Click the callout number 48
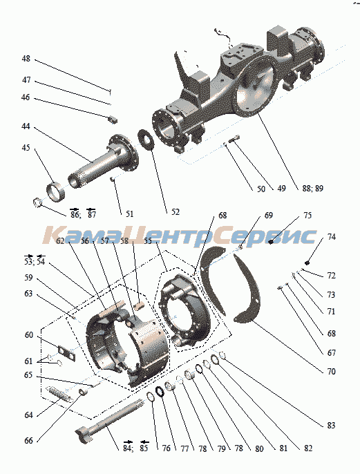(x=26, y=59)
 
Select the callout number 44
(x=26, y=126)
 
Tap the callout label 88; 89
(x=312, y=188)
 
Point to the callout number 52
(x=176, y=212)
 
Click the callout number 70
(x=331, y=371)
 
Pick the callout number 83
(x=331, y=425)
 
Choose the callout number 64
(x=28, y=415)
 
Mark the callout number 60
(x=29, y=335)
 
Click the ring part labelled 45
(x=55, y=191)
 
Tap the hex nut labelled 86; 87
(x=37, y=201)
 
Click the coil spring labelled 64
(x=58, y=394)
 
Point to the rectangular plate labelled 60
(x=66, y=353)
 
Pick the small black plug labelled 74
(x=307, y=262)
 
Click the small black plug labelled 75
(x=271, y=241)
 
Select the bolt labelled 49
(x=235, y=140)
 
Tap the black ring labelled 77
(x=160, y=391)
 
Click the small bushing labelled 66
(x=84, y=392)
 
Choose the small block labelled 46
(x=113, y=120)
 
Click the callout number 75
(x=307, y=216)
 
